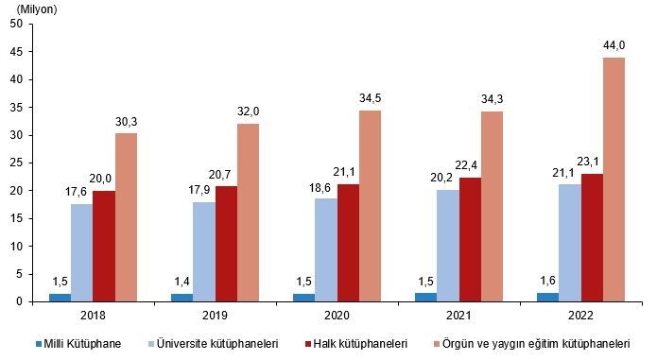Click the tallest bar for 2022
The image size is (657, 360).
point(614,180)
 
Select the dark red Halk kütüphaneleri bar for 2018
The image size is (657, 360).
point(104,246)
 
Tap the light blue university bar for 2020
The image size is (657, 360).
point(326,249)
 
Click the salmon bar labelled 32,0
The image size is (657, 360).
point(249,213)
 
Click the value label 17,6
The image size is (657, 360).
point(81,193)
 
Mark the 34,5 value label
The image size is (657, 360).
point(371,98)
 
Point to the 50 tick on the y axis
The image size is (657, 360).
point(16,24)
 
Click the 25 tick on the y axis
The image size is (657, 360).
point(16,163)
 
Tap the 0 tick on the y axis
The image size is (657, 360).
point(19,301)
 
